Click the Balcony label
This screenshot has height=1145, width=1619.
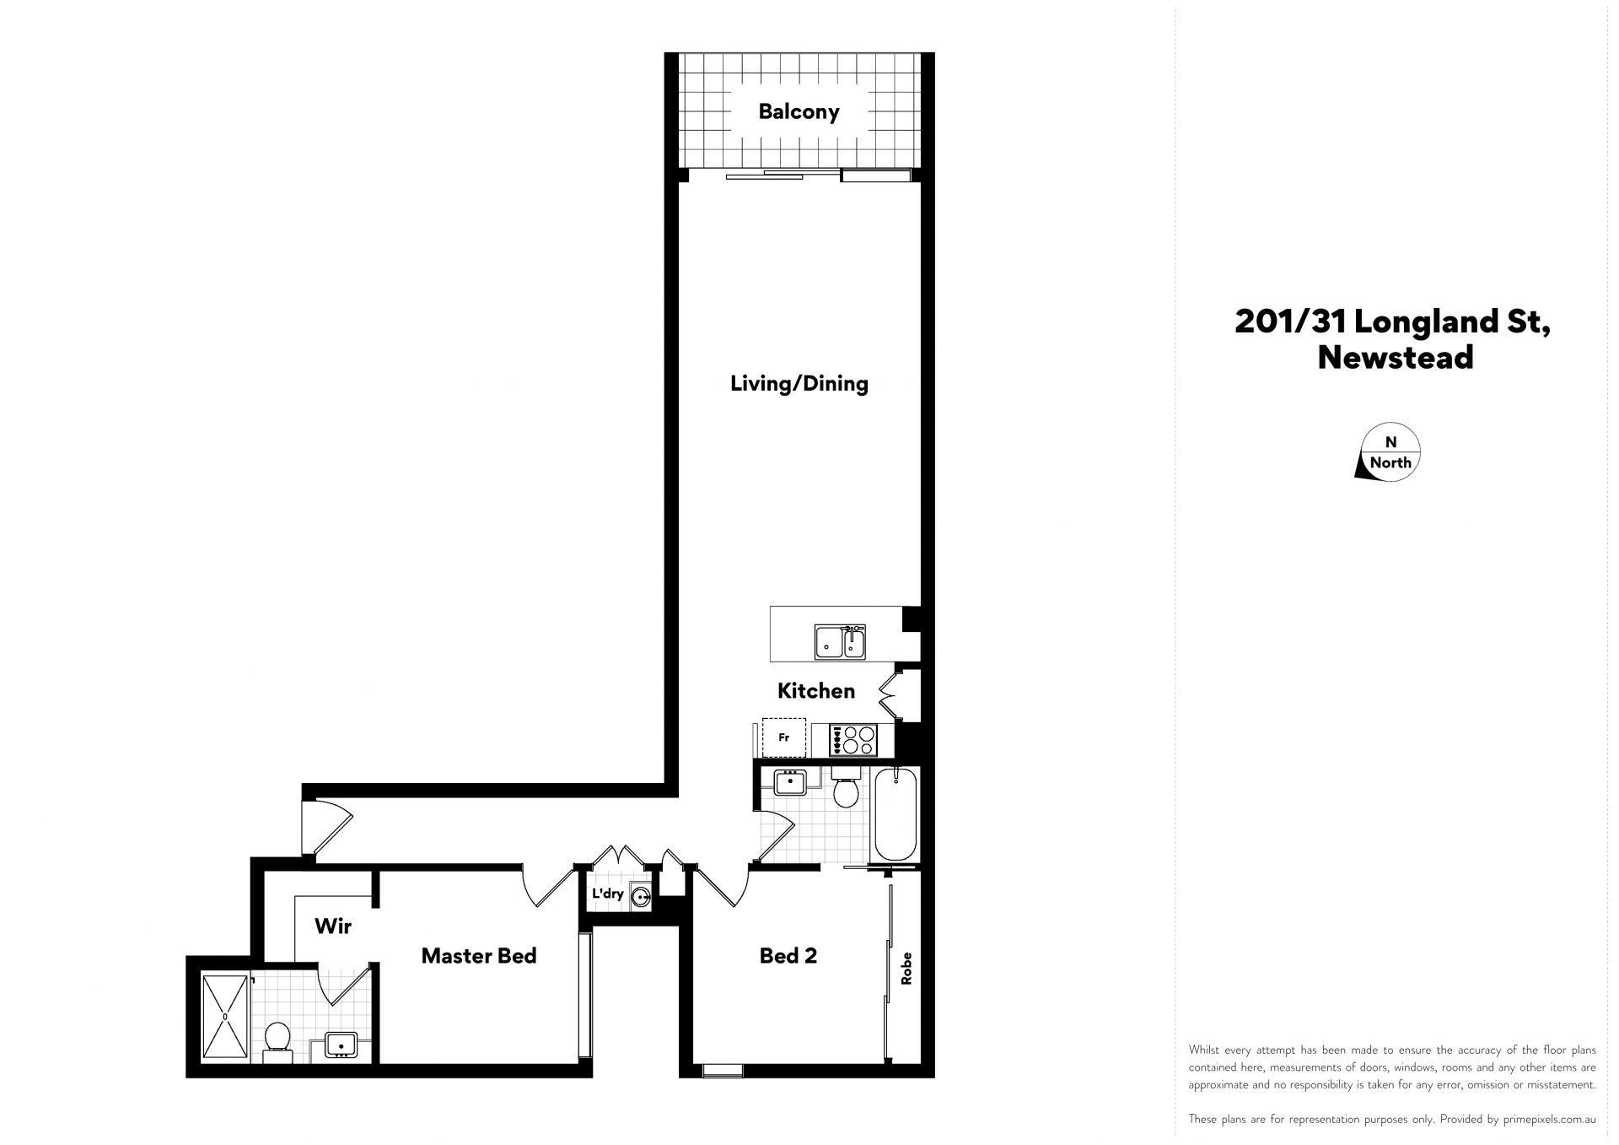click(799, 111)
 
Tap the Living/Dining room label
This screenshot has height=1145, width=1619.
click(799, 384)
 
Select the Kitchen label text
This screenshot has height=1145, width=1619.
click(815, 691)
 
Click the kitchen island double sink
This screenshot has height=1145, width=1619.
click(840, 641)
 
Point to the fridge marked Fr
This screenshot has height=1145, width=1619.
click(784, 737)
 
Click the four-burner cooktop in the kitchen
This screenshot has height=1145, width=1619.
click(853, 740)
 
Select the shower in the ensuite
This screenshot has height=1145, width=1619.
click(225, 1017)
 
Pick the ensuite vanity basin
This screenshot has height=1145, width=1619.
click(342, 1045)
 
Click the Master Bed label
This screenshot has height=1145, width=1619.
click(479, 956)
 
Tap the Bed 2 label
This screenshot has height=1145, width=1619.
click(788, 956)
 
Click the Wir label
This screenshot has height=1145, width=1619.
click(333, 926)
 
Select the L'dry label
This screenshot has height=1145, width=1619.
click(607, 894)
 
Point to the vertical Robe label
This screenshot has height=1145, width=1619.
click(907, 969)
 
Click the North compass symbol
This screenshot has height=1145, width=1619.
click(1390, 452)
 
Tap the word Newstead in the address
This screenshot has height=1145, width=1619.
click(1396, 357)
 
